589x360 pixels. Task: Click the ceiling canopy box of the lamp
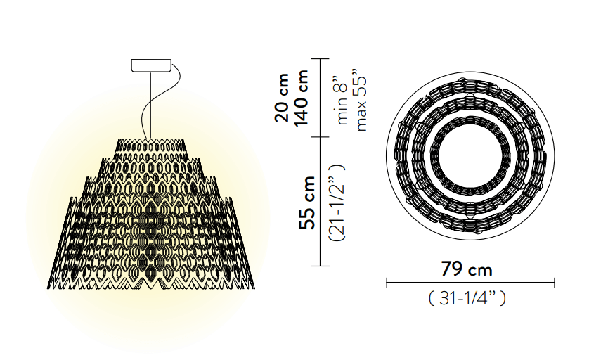pos(151,65)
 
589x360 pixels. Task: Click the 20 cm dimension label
pos(282,98)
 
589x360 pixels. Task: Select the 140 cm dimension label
pos(301,98)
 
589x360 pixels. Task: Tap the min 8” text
pos(342,101)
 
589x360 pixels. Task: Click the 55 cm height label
pos(307,202)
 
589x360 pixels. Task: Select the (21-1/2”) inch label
pos(337,202)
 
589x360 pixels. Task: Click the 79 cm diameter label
pos(467,269)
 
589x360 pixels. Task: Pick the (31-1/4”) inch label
pos(467,298)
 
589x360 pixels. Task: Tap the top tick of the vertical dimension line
pos(320,59)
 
